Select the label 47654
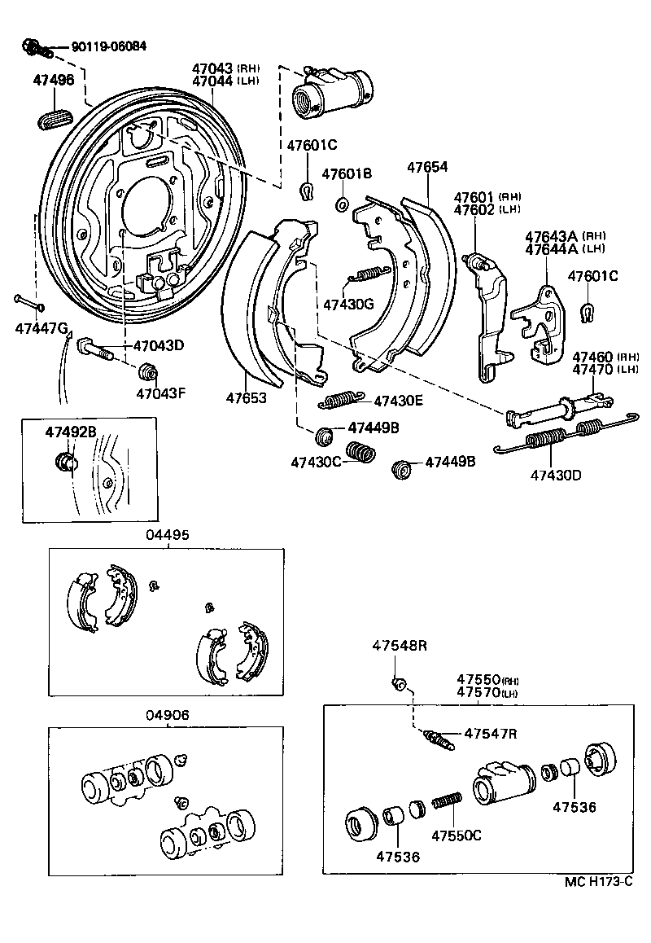[x=428, y=168]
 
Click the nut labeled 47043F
[x=147, y=373]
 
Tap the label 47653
[x=247, y=399]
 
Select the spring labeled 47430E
[x=337, y=399]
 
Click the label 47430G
[x=347, y=305]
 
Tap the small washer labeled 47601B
[x=343, y=202]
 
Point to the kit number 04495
[x=168, y=535]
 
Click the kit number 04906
[x=168, y=716]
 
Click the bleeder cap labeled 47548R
[x=398, y=682]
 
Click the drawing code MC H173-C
[x=598, y=882]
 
